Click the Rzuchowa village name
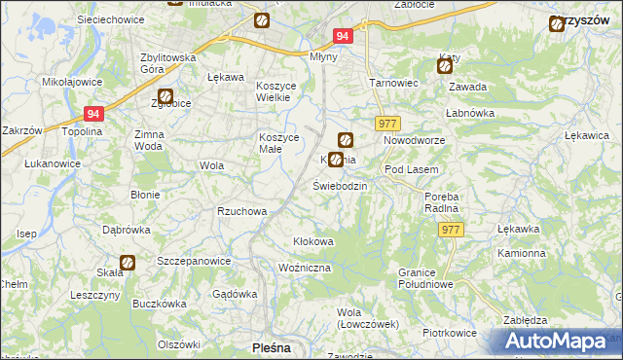241,210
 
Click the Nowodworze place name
414,140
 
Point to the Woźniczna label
305,267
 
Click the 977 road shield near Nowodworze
386,123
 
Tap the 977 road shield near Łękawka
451,229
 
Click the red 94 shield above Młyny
342,36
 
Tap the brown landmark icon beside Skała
127,262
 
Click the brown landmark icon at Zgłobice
165,97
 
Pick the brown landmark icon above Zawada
445,66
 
